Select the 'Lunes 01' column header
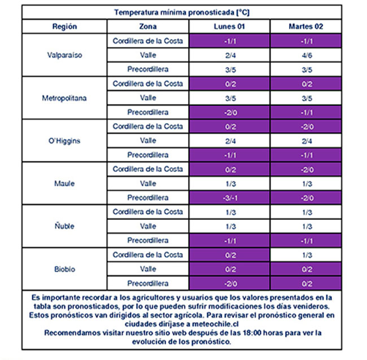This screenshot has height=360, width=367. point(229,27)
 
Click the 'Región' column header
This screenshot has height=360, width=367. point(64,27)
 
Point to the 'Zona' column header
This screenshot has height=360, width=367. point(148,27)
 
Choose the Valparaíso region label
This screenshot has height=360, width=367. point(64,55)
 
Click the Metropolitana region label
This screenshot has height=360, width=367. point(64,98)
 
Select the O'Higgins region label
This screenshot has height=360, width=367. point(64,141)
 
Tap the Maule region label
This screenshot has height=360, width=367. point(64,184)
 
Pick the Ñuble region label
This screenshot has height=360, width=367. point(64,226)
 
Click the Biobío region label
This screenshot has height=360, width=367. point(64,269)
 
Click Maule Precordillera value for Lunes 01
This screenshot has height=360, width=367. point(229,198)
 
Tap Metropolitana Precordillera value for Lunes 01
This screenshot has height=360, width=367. point(229,112)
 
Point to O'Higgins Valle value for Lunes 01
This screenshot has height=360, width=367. point(229,141)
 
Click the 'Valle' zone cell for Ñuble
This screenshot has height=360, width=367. point(148,226)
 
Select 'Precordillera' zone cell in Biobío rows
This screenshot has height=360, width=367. point(148,283)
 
